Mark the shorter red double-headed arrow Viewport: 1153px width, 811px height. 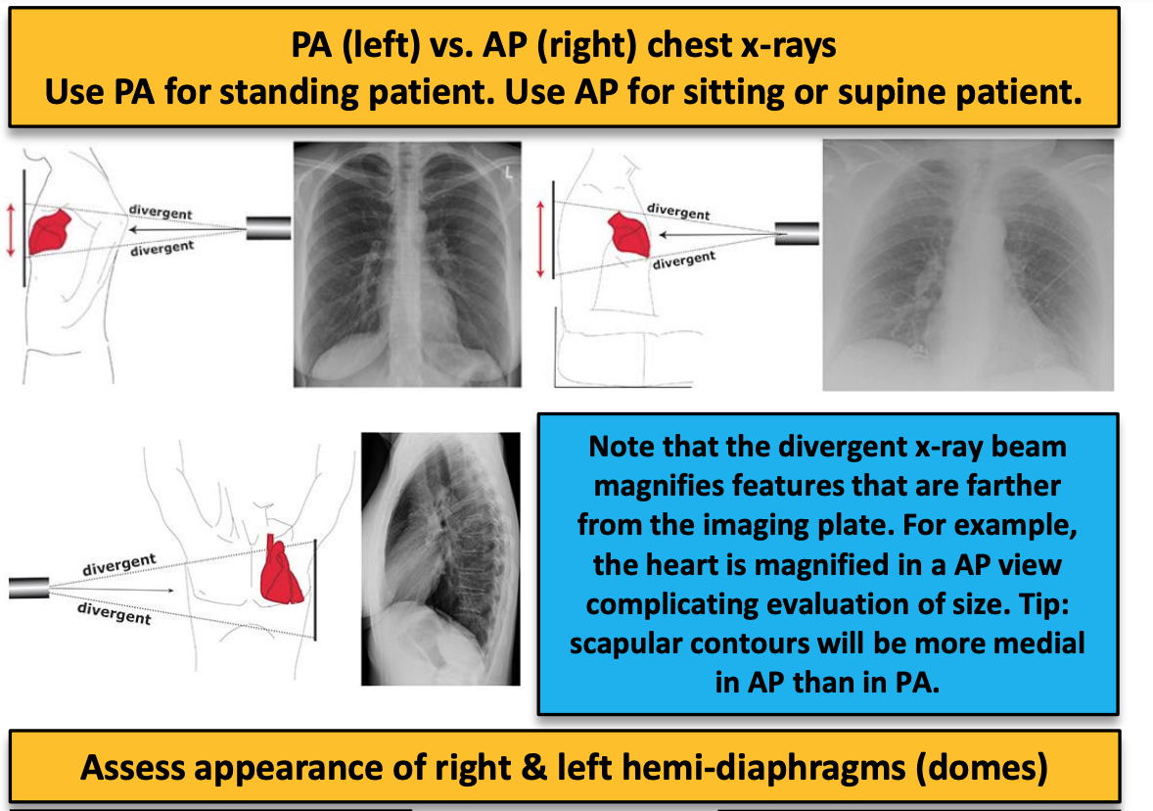[x=11, y=230]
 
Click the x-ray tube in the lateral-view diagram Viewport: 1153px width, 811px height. [x=28, y=587]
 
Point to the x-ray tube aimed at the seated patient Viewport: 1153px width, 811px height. [x=798, y=235]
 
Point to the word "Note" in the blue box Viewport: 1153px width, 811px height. [x=615, y=448]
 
